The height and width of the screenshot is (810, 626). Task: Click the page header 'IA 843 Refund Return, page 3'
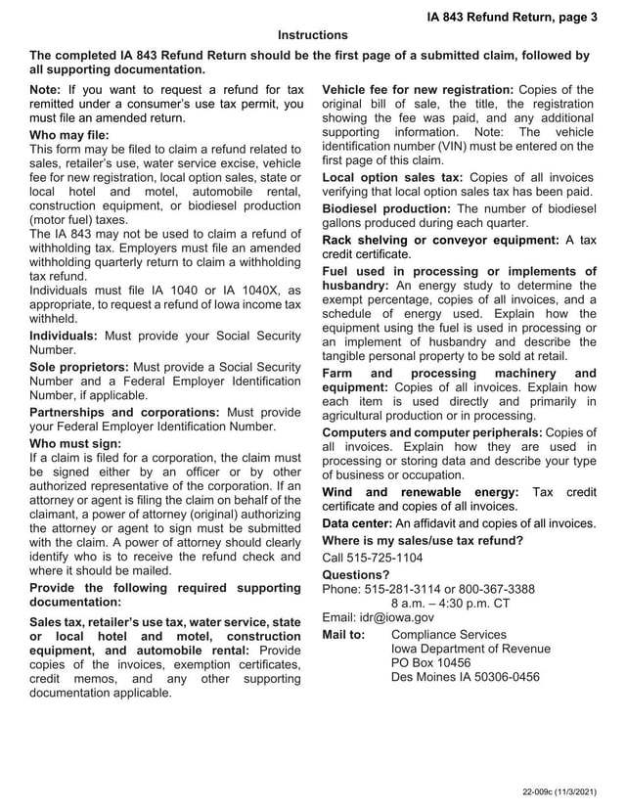(x=512, y=17)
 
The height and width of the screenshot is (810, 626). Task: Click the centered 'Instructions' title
(x=313, y=35)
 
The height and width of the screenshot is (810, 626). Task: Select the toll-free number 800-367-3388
(x=492, y=589)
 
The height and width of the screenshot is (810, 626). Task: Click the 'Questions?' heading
(x=356, y=574)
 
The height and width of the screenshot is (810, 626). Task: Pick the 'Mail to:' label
(x=343, y=635)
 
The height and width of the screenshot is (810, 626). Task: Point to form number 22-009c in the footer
(x=540, y=790)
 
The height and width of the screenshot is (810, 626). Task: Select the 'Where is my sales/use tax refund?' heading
(x=423, y=541)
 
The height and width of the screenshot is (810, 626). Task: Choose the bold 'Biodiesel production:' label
(x=386, y=209)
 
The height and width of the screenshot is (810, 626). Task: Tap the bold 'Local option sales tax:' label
(x=392, y=177)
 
